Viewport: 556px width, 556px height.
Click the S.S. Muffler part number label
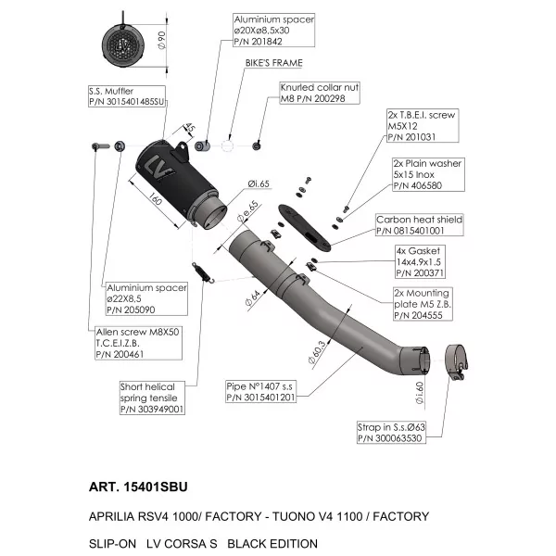[127, 96]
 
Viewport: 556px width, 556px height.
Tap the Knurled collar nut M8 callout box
[320, 93]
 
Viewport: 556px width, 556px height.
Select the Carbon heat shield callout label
[420, 225]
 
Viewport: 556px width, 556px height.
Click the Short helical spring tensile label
[152, 398]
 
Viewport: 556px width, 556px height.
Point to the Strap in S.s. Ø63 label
[391, 432]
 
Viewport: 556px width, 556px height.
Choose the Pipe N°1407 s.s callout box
[261, 391]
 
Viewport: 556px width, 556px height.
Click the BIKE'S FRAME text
[274, 63]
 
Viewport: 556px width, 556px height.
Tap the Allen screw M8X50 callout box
[138, 343]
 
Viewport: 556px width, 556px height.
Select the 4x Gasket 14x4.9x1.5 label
[420, 261]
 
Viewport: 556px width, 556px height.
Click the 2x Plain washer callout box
[428, 174]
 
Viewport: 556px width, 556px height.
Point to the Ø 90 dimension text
[161, 41]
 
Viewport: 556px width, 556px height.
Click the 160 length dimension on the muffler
[155, 198]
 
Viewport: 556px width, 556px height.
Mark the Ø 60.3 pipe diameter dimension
[317, 352]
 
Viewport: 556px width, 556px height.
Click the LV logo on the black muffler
[158, 168]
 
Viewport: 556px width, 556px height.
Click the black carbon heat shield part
[305, 228]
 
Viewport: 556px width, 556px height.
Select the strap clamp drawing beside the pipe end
[457, 361]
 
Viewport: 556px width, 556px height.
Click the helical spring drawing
[203, 272]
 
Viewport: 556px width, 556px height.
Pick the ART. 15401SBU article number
[138, 486]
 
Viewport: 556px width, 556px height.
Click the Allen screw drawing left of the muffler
[101, 145]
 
